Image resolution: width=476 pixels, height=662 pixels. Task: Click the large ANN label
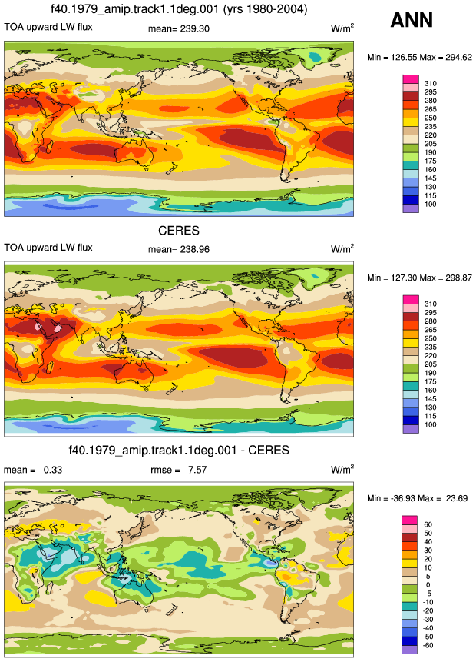(412, 20)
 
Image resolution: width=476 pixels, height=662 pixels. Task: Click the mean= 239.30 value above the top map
(179, 28)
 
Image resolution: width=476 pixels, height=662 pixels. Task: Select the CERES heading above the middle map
(179, 231)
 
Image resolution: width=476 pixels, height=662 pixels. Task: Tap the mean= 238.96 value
(179, 249)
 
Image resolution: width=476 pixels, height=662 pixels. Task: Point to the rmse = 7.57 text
(179, 470)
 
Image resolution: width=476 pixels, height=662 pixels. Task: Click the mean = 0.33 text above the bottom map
(33, 470)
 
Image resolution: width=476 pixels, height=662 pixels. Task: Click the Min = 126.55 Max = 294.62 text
(419, 58)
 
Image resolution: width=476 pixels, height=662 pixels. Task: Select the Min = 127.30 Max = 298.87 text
(419, 278)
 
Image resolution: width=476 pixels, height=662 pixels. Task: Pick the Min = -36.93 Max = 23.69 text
(418, 498)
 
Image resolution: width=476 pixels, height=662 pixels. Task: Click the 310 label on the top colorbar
(431, 84)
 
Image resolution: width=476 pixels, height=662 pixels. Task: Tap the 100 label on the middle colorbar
(431, 424)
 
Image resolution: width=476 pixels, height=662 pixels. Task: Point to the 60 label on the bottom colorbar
(428, 524)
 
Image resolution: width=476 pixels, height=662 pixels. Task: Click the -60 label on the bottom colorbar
(428, 645)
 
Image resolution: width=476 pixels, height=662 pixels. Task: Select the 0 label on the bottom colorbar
(428, 585)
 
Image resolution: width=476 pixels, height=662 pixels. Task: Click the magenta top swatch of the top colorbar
(411, 79)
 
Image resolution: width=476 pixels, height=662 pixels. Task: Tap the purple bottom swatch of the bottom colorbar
(409, 650)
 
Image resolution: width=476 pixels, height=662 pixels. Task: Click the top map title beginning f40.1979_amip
(179, 8)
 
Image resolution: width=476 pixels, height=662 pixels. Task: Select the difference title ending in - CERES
(179, 450)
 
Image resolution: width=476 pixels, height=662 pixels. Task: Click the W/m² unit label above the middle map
(342, 248)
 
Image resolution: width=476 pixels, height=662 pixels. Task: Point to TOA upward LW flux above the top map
(48, 27)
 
